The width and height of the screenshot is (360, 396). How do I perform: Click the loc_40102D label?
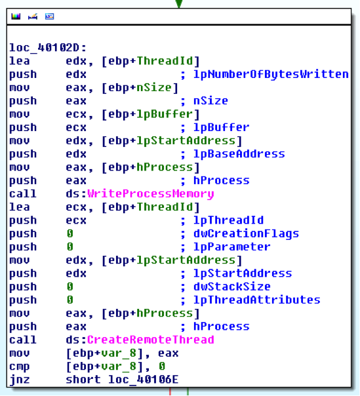(x=48, y=47)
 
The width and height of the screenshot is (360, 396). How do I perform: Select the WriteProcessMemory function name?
(x=151, y=193)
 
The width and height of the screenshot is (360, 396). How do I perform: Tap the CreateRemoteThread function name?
(x=151, y=340)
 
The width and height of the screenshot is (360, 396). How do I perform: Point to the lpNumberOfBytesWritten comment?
(x=271, y=74)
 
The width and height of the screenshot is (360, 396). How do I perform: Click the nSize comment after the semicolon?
(x=210, y=101)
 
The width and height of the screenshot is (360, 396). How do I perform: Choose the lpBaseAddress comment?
(x=239, y=154)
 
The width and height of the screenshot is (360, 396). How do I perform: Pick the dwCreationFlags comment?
(x=246, y=233)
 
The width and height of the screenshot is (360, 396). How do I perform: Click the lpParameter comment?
(x=232, y=247)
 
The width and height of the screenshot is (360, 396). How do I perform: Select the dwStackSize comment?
(x=232, y=287)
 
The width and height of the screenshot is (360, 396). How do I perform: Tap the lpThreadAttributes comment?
(x=256, y=300)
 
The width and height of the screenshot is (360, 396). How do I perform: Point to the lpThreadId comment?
(x=228, y=220)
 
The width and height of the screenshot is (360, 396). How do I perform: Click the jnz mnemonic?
(x=20, y=380)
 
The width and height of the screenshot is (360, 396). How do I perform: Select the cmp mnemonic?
(x=20, y=366)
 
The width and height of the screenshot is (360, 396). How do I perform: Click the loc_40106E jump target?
(x=143, y=380)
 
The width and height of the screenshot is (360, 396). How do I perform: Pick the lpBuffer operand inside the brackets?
(x=165, y=114)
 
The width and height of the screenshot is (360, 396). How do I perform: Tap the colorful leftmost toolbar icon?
(x=16, y=16)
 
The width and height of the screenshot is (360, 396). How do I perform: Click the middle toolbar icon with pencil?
(x=33, y=16)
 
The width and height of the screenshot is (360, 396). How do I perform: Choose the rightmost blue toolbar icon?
(x=50, y=16)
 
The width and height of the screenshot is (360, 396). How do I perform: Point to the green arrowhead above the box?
(x=179, y=3)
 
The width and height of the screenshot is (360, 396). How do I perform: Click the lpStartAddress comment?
(x=243, y=273)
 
